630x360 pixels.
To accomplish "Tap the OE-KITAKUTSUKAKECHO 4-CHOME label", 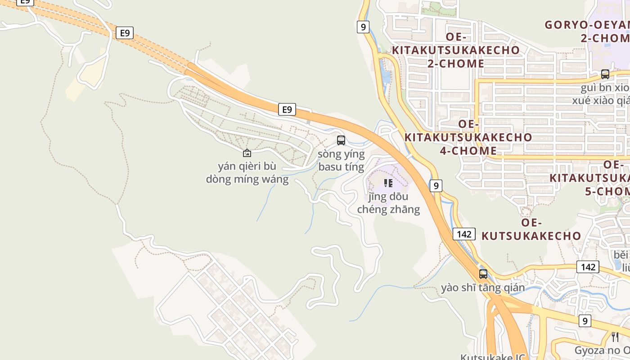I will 468,137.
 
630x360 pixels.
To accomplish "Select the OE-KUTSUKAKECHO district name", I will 531,229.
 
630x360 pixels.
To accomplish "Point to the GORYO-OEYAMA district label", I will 587,31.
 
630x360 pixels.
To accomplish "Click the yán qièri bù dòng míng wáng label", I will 247,173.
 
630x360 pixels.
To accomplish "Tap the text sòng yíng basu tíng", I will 341,161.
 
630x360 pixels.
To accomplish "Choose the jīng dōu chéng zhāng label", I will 388,203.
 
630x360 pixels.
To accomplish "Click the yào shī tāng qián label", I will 483,287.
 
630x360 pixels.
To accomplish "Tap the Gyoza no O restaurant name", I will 602,350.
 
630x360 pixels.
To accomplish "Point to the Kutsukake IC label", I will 493,356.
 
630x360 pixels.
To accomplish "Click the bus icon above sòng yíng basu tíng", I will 341,140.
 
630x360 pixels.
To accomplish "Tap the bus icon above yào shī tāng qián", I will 483,274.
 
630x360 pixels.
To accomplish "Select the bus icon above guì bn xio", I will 605,74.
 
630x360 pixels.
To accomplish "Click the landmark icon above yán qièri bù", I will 247,153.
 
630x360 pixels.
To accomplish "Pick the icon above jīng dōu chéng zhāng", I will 388,183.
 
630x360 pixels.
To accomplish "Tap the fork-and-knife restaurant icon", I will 615,337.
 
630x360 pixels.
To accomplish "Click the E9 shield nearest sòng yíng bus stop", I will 287,109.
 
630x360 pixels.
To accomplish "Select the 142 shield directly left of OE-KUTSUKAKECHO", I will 464,234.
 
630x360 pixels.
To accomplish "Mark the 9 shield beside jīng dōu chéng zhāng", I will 436,185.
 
